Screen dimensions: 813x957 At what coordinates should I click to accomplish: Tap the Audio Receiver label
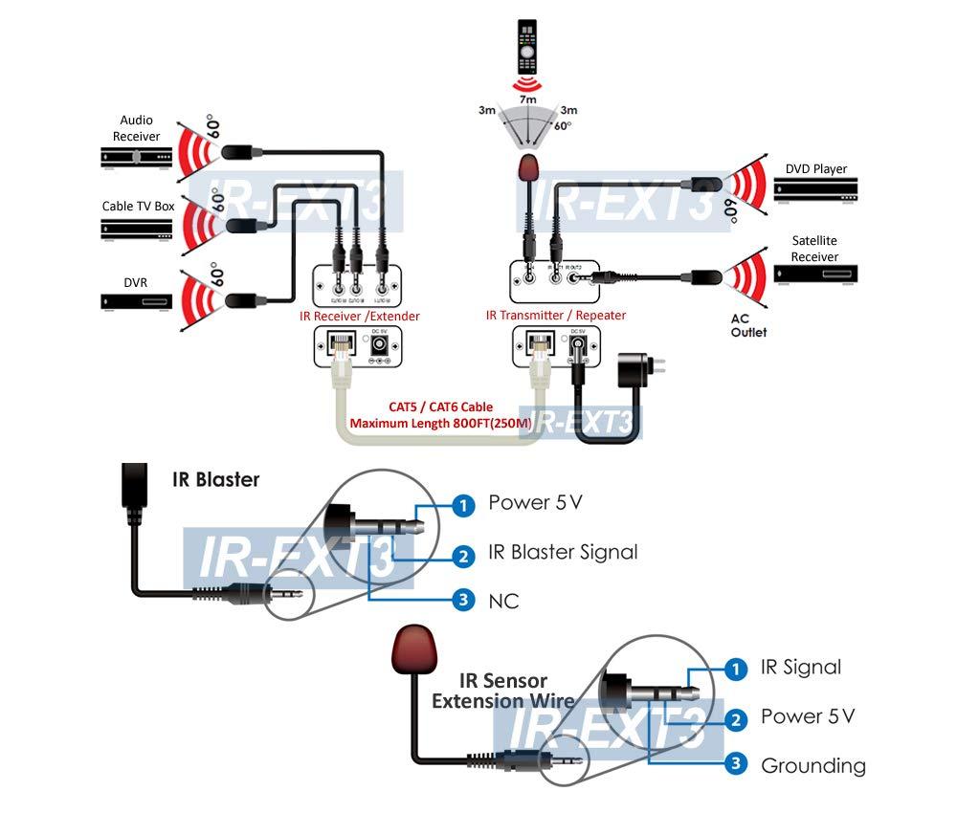(x=136, y=128)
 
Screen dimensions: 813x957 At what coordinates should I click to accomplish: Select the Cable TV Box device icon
(x=136, y=230)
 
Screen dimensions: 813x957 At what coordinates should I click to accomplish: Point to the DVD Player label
(x=816, y=169)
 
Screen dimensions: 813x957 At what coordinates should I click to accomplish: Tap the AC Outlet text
(x=749, y=325)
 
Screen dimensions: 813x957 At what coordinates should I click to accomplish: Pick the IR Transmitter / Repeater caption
(x=555, y=316)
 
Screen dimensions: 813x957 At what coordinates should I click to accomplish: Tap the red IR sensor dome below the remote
(x=527, y=170)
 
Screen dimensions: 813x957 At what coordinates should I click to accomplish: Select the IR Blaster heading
(x=215, y=479)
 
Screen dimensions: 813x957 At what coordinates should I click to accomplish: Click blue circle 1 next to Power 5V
(x=463, y=505)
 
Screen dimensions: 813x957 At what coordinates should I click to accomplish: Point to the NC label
(x=503, y=602)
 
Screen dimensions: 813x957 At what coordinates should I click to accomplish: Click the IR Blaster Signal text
(x=563, y=552)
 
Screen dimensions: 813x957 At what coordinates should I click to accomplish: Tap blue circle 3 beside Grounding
(x=735, y=763)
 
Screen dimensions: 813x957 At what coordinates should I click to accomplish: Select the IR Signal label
(x=801, y=667)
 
